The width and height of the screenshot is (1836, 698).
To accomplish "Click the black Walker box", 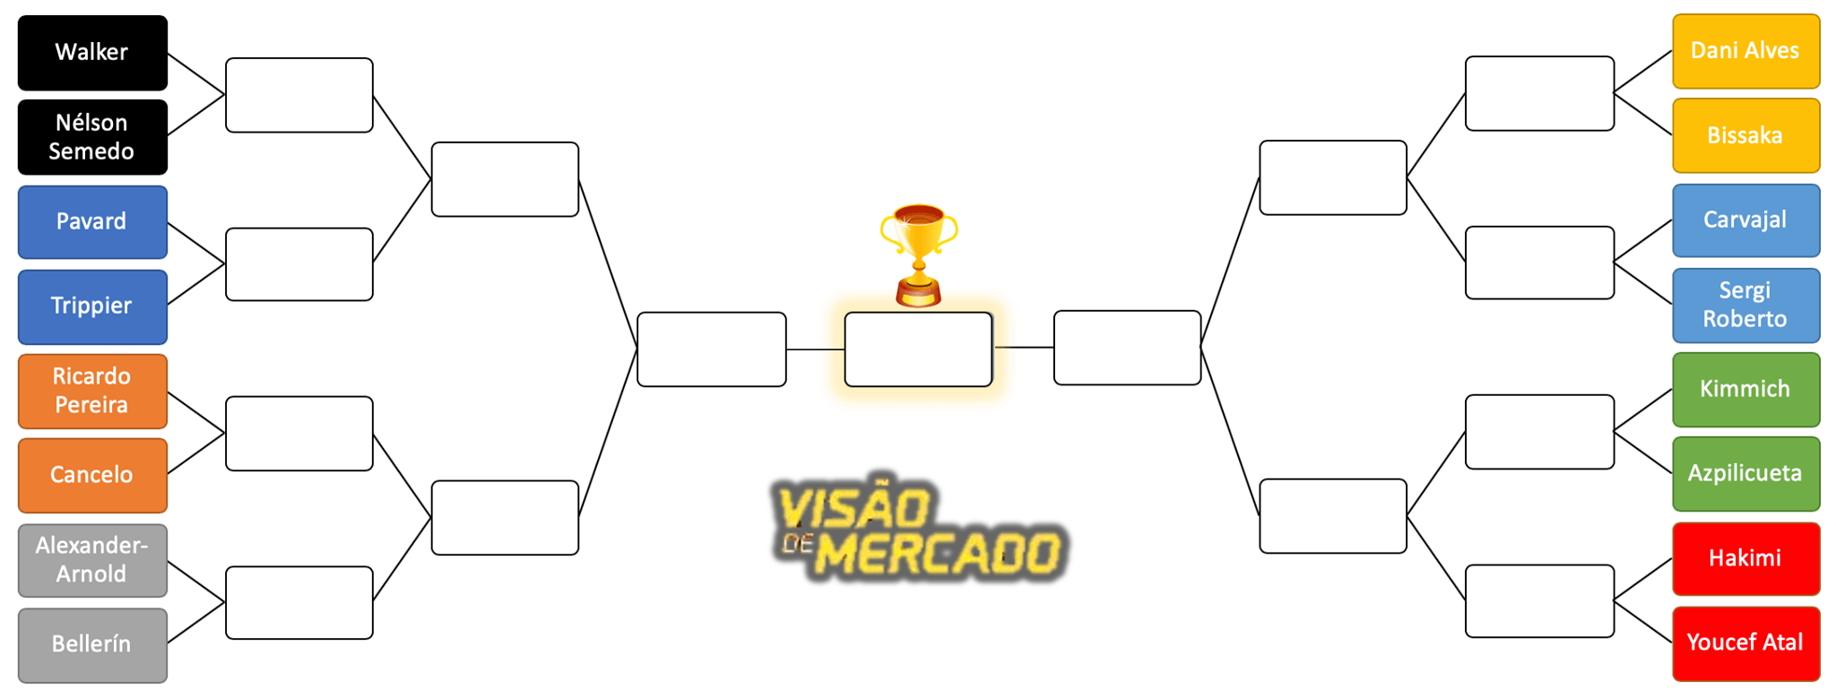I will tap(92, 52).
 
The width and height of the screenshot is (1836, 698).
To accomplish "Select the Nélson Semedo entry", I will tap(92, 137).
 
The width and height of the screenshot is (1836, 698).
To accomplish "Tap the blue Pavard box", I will tap(92, 221).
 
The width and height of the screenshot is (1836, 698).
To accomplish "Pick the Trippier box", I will tap(92, 306).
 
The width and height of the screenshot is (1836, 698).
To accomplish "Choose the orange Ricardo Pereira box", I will tap(92, 391).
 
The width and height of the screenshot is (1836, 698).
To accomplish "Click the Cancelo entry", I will tap(92, 475).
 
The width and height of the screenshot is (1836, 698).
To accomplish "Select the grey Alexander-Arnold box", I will tap(92, 560).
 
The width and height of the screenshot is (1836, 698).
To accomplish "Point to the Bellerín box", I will tap(92, 644).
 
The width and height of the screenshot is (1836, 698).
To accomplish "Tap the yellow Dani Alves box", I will tap(1745, 51).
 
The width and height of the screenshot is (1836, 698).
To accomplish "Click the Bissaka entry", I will tap(1745, 135).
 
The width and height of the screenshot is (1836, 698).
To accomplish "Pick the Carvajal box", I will tap(1745, 220).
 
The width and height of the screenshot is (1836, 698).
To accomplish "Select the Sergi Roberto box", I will tap(1745, 305).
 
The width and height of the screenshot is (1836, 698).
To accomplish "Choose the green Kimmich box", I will tap(1745, 389).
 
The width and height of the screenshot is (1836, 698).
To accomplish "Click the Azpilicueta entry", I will tap(1745, 473).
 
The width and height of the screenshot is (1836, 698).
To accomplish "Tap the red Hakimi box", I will tap(1745, 558).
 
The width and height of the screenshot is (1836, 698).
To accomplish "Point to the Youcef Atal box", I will tap(1745, 643).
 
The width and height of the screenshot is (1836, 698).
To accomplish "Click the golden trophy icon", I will tap(919, 254).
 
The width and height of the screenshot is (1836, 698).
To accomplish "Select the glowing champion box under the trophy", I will tap(918, 349).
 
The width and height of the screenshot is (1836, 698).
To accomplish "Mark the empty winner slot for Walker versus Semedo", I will tap(299, 95).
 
